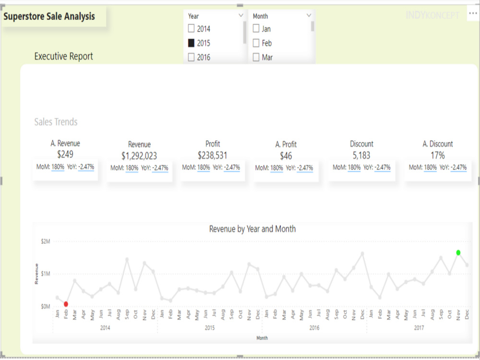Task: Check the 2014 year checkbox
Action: point(191,29)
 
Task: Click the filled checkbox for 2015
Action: point(191,43)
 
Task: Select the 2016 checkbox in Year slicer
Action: point(191,58)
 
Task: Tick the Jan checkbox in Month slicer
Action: point(256,29)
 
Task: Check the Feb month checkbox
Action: point(256,43)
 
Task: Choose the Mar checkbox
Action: point(256,58)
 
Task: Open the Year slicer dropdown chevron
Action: point(241,16)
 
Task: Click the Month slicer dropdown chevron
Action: point(309,16)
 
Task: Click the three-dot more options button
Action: point(472,14)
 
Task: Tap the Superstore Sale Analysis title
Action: point(49,17)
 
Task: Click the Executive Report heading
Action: point(64,57)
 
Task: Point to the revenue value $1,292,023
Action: point(139,156)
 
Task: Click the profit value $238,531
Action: point(213,156)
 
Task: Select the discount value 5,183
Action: point(361,156)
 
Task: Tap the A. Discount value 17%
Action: point(438,156)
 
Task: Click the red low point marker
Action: point(66,304)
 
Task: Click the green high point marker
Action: point(458,252)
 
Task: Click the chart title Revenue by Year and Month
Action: point(252,229)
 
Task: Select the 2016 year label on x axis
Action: point(314,328)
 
